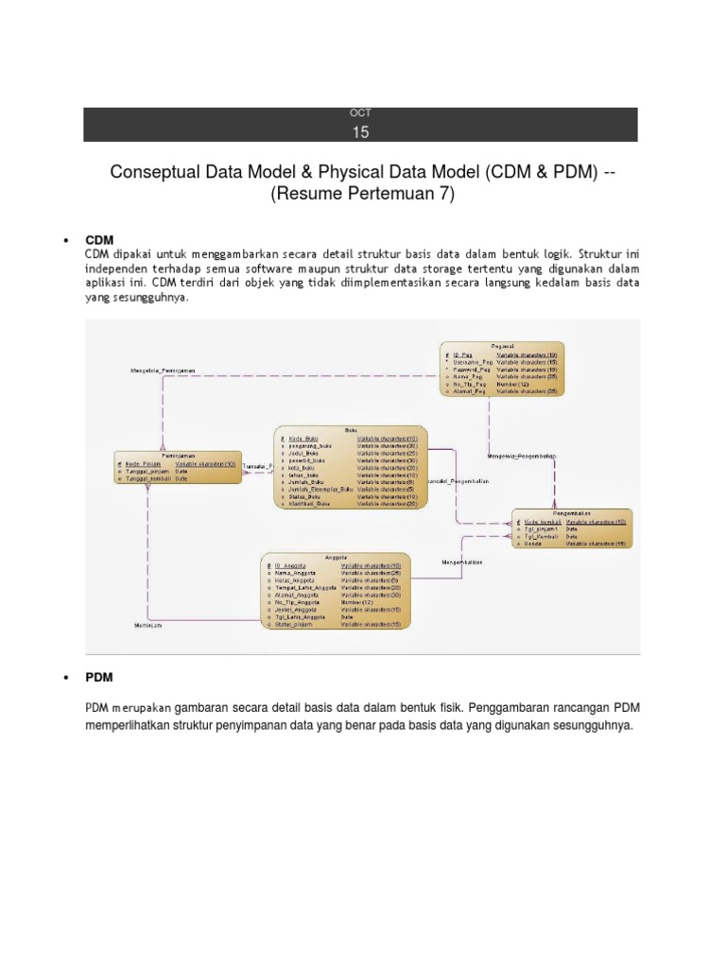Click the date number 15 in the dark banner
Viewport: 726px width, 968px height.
coord(361,132)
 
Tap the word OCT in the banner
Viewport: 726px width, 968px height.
coord(361,113)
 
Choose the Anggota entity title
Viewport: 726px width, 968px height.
coord(336,557)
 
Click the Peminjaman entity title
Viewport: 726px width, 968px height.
coord(159,455)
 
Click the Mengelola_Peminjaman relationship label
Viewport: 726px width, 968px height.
coord(163,371)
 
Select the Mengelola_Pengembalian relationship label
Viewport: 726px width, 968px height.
coord(521,457)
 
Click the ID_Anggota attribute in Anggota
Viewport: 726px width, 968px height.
coord(290,565)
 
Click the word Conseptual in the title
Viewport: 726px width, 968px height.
coord(160,172)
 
